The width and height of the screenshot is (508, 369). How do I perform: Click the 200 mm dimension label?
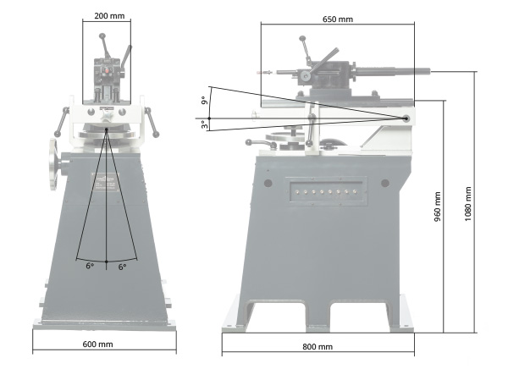pos(109,16)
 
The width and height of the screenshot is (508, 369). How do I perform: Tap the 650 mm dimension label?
pos(338,19)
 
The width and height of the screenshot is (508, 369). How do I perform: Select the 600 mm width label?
pos(97,344)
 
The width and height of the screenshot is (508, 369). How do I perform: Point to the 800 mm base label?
pos(317,347)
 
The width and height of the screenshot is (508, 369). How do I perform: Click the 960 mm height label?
pos(438,207)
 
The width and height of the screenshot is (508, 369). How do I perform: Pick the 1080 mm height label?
pos(468,204)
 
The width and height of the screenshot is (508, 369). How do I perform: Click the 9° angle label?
pos(204,101)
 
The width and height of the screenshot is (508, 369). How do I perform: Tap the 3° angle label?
pos(204,124)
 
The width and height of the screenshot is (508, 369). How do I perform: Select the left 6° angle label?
pos(90,266)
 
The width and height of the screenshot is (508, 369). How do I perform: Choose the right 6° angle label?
pos(122,267)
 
